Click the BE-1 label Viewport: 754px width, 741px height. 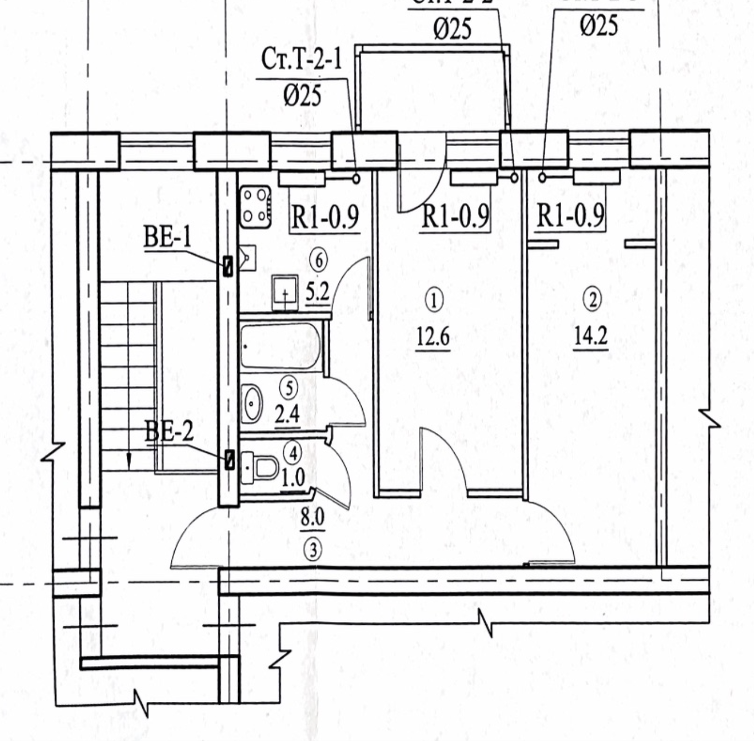coord(168,237)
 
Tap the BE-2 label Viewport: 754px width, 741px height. coord(169,431)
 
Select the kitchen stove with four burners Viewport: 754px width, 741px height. coord(255,207)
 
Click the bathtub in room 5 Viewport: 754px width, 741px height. coord(280,346)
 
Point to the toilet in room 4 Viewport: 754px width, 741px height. coord(261,468)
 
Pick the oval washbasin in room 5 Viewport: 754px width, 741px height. coord(252,404)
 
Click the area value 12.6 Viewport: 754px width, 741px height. coord(433,336)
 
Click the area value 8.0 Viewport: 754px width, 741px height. coord(313,518)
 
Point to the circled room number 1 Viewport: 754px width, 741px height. coord(434,300)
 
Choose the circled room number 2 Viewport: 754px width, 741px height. coord(593,299)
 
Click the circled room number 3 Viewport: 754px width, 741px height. coord(313,550)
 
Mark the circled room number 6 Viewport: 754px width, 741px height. coord(319,260)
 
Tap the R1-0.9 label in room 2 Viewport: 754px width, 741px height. coord(570,216)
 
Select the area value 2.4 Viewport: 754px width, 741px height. coord(288,414)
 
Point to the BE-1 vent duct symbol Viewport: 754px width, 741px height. coord(228,266)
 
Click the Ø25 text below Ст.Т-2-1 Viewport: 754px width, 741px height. coord(303,95)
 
